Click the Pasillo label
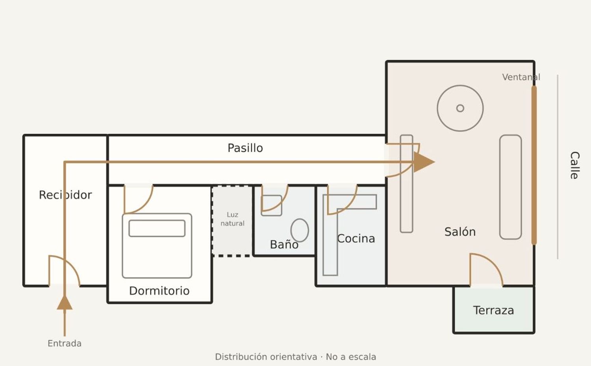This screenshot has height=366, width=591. tap(245, 148)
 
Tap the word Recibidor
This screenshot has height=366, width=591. tap(65, 195)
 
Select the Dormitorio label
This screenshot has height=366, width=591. tap(159, 291)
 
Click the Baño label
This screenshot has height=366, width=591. tap(284, 244)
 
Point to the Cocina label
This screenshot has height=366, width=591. tap(356, 239)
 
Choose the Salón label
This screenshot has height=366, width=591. tap(460, 232)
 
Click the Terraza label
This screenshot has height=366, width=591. tap(494, 311)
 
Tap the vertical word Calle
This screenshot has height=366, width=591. tap(574, 165)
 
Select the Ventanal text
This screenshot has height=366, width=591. tap(521, 77)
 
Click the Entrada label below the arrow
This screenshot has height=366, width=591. tap(65, 343)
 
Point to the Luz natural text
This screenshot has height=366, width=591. tap(232, 219)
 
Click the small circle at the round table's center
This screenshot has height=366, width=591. tap(460, 108)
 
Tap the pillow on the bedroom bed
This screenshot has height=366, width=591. tap(157, 228)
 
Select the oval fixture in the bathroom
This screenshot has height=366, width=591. tap(300, 230)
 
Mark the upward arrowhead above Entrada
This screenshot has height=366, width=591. tap(65, 302)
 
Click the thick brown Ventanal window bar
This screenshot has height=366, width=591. tap(534, 165)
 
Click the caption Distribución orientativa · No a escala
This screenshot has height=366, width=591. tap(295, 357)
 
